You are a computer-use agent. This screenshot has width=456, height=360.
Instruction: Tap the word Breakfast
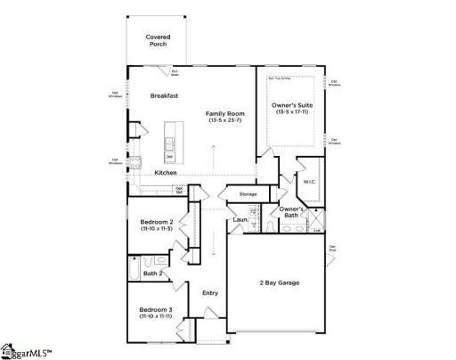(x=166, y=94)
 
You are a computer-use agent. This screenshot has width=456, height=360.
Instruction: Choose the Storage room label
(x=248, y=193)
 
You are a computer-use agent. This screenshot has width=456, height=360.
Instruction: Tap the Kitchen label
(x=165, y=172)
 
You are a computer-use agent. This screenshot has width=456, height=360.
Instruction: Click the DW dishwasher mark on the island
(x=169, y=157)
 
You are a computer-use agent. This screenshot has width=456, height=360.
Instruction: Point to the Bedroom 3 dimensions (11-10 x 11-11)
(x=156, y=316)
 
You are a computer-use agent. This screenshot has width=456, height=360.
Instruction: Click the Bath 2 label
(x=152, y=273)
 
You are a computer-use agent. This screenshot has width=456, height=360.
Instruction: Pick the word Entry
(x=210, y=292)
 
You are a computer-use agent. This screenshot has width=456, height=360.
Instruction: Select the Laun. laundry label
(x=239, y=219)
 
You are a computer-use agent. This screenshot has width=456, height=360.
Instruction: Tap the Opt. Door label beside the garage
(x=332, y=248)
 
